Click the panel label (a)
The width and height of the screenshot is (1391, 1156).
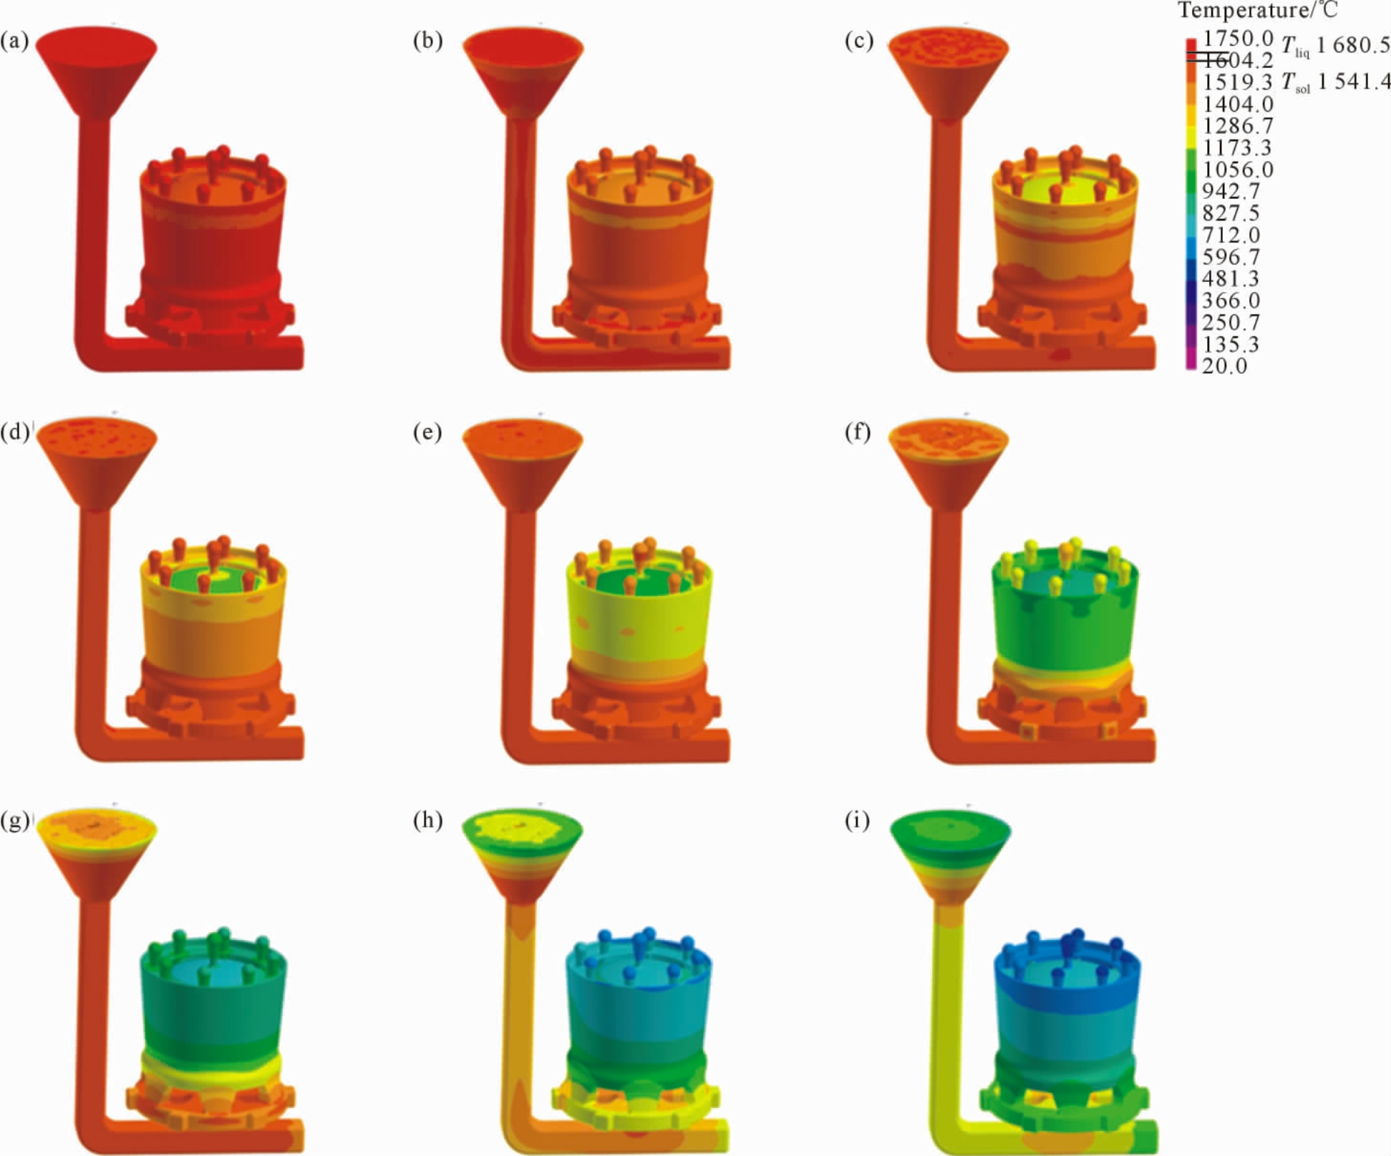pyautogui.click(x=15, y=42)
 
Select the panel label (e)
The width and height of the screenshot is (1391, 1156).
pyautogui.click(x=427, y=433)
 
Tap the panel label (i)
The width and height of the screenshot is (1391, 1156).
pyautogui.click(x=857, y=821)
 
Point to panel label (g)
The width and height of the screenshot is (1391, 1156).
pyautogui.click(x=15, y=821)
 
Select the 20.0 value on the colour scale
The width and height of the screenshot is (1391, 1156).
pyautogui.click(x=1224, y=366)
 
